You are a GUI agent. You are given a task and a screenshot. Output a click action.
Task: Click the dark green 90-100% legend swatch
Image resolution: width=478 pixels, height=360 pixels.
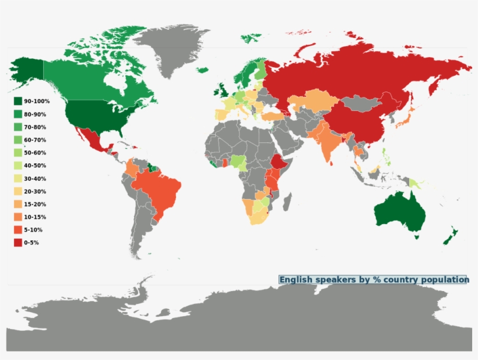pos(18,102)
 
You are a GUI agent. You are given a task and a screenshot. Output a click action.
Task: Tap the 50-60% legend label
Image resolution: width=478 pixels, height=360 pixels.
pos(35,153)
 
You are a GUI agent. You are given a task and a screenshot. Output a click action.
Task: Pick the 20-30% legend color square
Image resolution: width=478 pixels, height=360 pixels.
pos(18,191)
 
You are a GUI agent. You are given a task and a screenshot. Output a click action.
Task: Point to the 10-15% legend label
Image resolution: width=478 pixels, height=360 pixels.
pos(35,217)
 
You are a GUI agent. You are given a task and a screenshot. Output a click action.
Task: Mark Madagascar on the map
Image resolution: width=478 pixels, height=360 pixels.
pos(287,202)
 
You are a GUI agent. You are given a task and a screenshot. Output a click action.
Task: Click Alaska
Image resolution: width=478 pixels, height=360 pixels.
pos(26,70)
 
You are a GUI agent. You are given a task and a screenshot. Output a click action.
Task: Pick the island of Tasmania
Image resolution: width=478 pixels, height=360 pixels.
pos(416,236)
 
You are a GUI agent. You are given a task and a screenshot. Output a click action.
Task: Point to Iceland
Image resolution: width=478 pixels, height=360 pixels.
pos(203,70)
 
